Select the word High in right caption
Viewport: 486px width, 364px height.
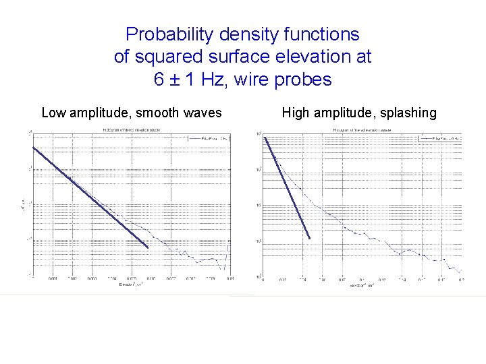click(296, 113)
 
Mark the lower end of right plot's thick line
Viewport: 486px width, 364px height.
click(309, 237)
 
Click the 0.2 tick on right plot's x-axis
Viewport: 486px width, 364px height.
click(462, 278)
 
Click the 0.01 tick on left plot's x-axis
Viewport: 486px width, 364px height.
click(230, 278)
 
